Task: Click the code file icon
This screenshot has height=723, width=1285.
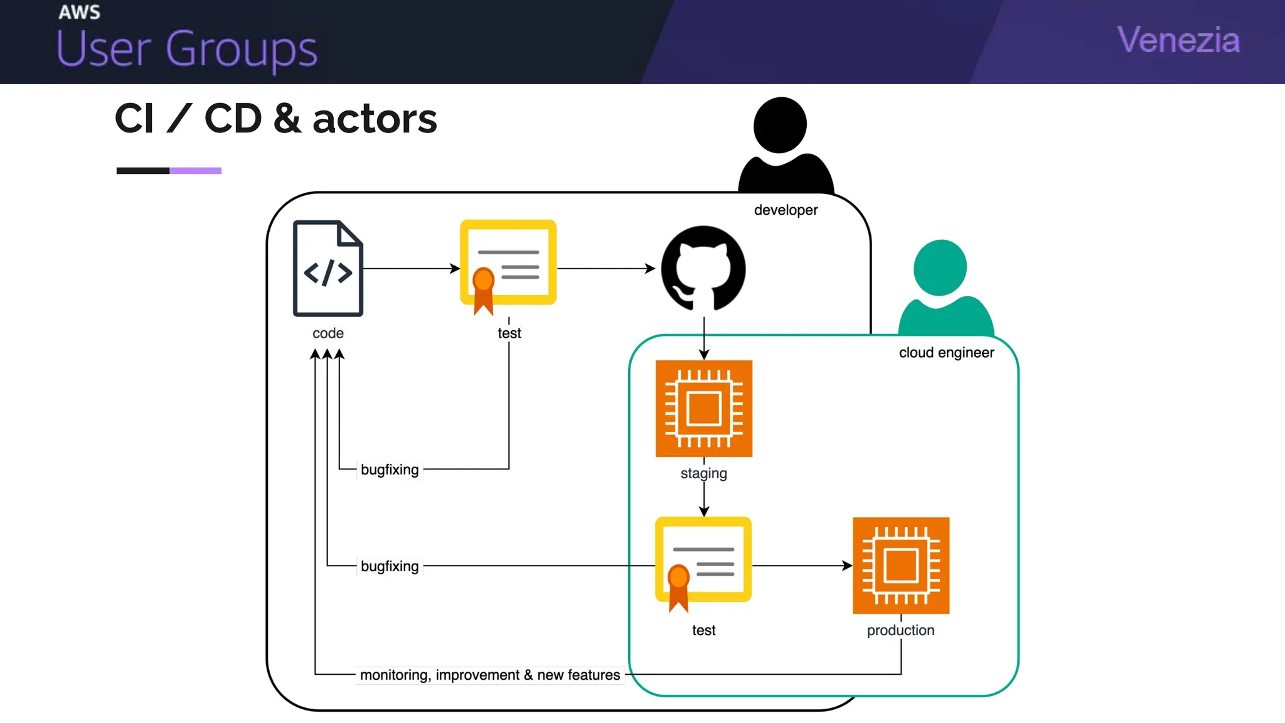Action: [x=328, y=268]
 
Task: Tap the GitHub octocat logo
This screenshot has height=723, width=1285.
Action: [x=703, y=269]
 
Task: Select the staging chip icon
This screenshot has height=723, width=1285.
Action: [x=703, y=409]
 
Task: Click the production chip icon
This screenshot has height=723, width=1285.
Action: [x=900, y=565]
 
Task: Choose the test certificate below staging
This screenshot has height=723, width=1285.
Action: [x=703, y=560]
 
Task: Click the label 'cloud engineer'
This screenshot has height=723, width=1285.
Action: [x=946, y=353]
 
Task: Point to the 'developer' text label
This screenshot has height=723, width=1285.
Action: [x=786, y=210]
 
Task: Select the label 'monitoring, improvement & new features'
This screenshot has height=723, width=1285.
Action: [x=489, y=675]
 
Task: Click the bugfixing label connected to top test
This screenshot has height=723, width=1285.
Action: [x=390, y=469]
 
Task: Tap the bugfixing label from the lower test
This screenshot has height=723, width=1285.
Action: [x=390, y=566]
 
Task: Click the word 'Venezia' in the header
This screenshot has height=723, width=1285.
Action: [x=1178, y=40]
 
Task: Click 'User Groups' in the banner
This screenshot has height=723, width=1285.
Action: [x=187, y=49]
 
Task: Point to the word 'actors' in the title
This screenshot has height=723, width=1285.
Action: [x=375, y=119]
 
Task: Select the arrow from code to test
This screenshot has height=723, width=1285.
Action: [x=411, y=269]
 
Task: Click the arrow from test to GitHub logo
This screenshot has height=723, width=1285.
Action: [x=605, y=269]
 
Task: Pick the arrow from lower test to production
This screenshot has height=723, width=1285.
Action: [x=802, y=565]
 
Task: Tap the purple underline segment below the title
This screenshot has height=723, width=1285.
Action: [x=195, y=171]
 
